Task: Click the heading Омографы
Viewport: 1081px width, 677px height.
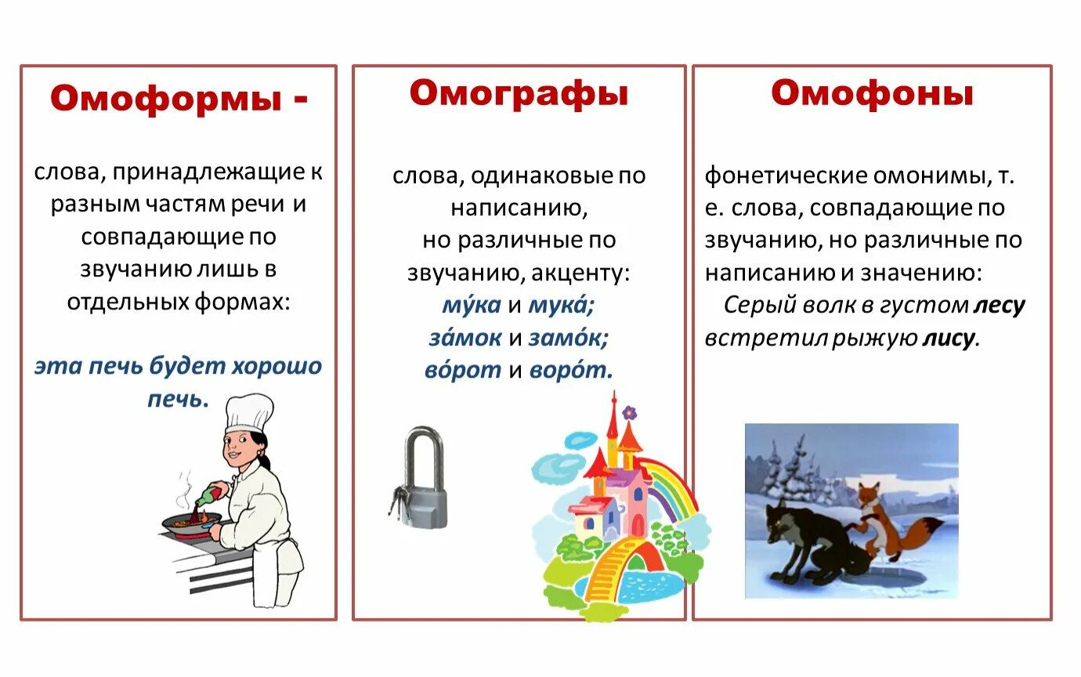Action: click(519, 93)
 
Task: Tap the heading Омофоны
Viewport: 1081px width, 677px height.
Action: click(872, 93)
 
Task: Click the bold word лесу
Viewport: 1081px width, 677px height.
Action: click(999, 306)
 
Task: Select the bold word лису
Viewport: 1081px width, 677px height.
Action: click(949, 338)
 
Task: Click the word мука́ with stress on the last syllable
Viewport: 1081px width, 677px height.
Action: click(562, 306)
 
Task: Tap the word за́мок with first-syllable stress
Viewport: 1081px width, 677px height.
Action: click(465, 338)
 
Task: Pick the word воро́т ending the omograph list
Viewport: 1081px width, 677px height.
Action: click(571, 370)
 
